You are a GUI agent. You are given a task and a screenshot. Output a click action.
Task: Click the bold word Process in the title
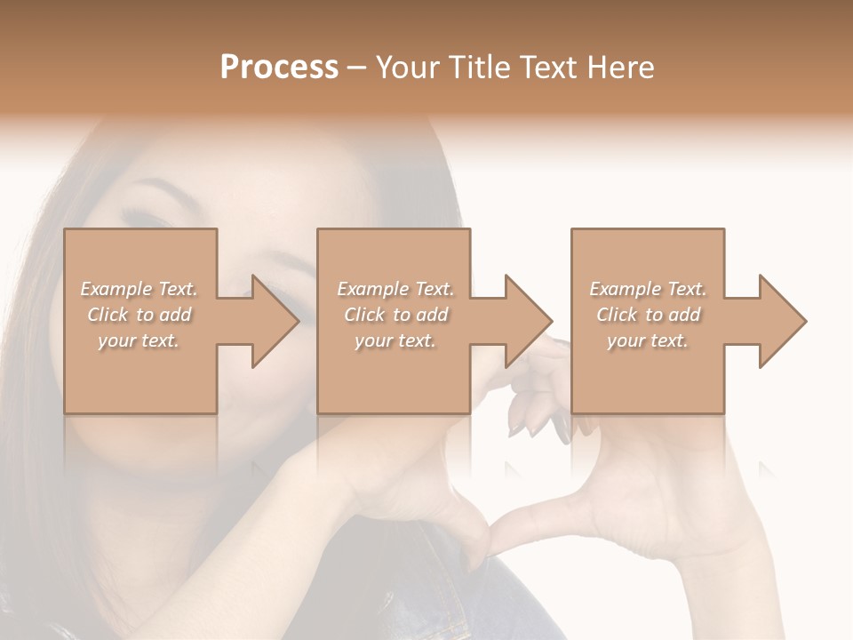pyautogui.click(x=279, y=68)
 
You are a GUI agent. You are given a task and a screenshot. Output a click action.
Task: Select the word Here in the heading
pyautogui.click(x=620, y=68)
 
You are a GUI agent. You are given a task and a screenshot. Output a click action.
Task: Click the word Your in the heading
pyautogui.click(x=408, y=68)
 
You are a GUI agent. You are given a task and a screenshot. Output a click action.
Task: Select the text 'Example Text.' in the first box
pyautogui.click(x=140, y=289)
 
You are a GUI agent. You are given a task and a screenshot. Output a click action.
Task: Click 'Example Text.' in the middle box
pyautogui.click(x=395, y=289)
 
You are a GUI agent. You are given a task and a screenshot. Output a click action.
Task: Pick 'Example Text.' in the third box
pyautogui.click(x=648, y=289)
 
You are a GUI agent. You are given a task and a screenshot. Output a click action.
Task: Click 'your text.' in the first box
pyautogui.click(x=139, y=340)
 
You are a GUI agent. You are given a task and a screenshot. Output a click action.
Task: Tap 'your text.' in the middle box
pyautogui.click(x=395, y=340)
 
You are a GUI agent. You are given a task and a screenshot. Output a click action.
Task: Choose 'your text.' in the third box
pyautogui.click(x=648, y=340)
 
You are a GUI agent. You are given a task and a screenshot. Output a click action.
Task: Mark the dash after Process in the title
pyautogui.click(x=357, y=68)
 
